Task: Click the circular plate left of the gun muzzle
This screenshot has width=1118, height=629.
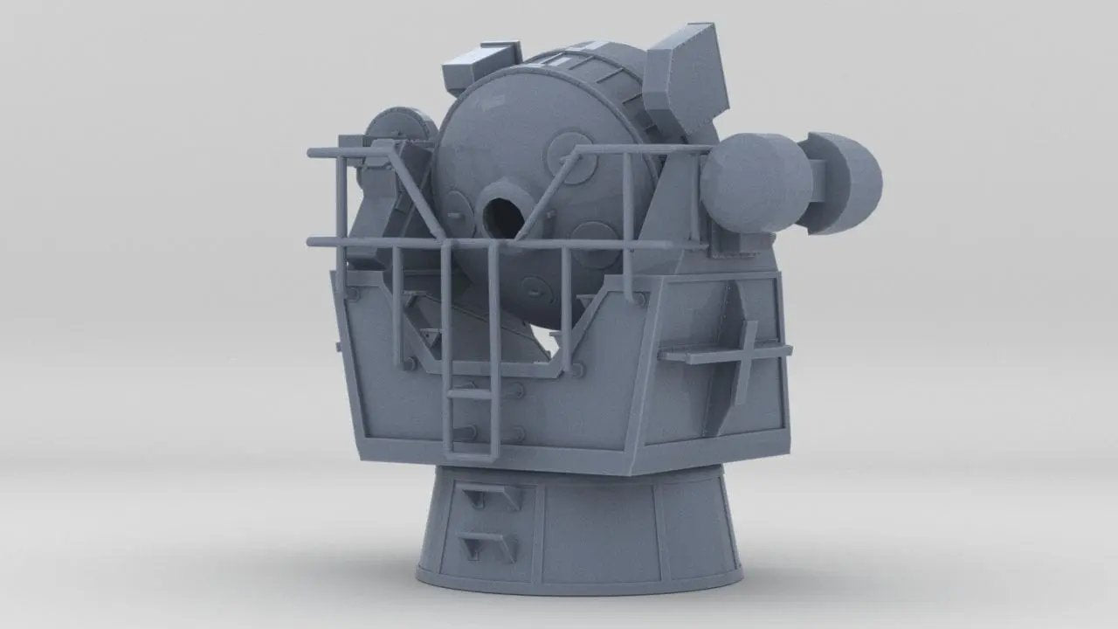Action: [x=455, y=218]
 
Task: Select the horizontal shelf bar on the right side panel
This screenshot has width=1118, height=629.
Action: [x=724, y=354]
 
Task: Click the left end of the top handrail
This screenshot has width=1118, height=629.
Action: [x=313, y=153]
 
